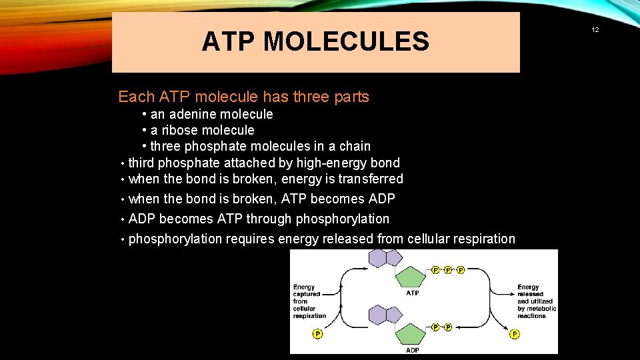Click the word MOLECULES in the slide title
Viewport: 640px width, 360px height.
(x=346, y=42)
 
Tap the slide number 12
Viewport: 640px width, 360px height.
(x=595, y=30)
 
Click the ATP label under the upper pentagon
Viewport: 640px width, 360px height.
(x=413, y=293)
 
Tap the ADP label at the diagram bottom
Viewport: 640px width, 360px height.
(x=413, y=349)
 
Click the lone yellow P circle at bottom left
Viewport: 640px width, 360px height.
(x=317, y=333)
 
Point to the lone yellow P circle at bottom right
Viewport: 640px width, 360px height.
(x=515, y=333)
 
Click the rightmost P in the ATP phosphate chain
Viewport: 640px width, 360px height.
(x=461, y=270)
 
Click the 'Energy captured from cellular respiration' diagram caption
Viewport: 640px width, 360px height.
(x=309, y=301)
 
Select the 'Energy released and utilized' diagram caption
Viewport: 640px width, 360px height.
(x=536, y=301)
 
